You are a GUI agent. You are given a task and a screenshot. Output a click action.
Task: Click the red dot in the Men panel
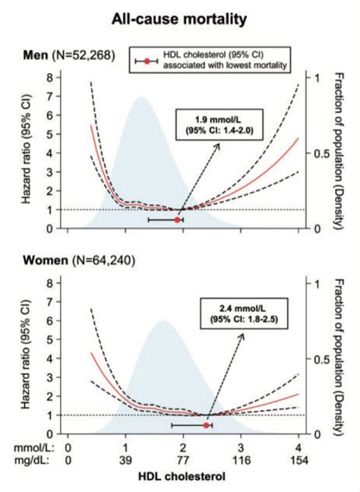click(178, 219)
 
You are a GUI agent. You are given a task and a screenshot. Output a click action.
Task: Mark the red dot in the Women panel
click(206, 425)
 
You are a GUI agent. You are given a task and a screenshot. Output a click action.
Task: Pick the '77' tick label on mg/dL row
click(183, 462)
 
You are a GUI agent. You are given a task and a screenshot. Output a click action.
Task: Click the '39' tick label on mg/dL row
click(126, 462)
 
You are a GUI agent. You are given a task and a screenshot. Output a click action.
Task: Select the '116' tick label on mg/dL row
click(241, 462)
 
